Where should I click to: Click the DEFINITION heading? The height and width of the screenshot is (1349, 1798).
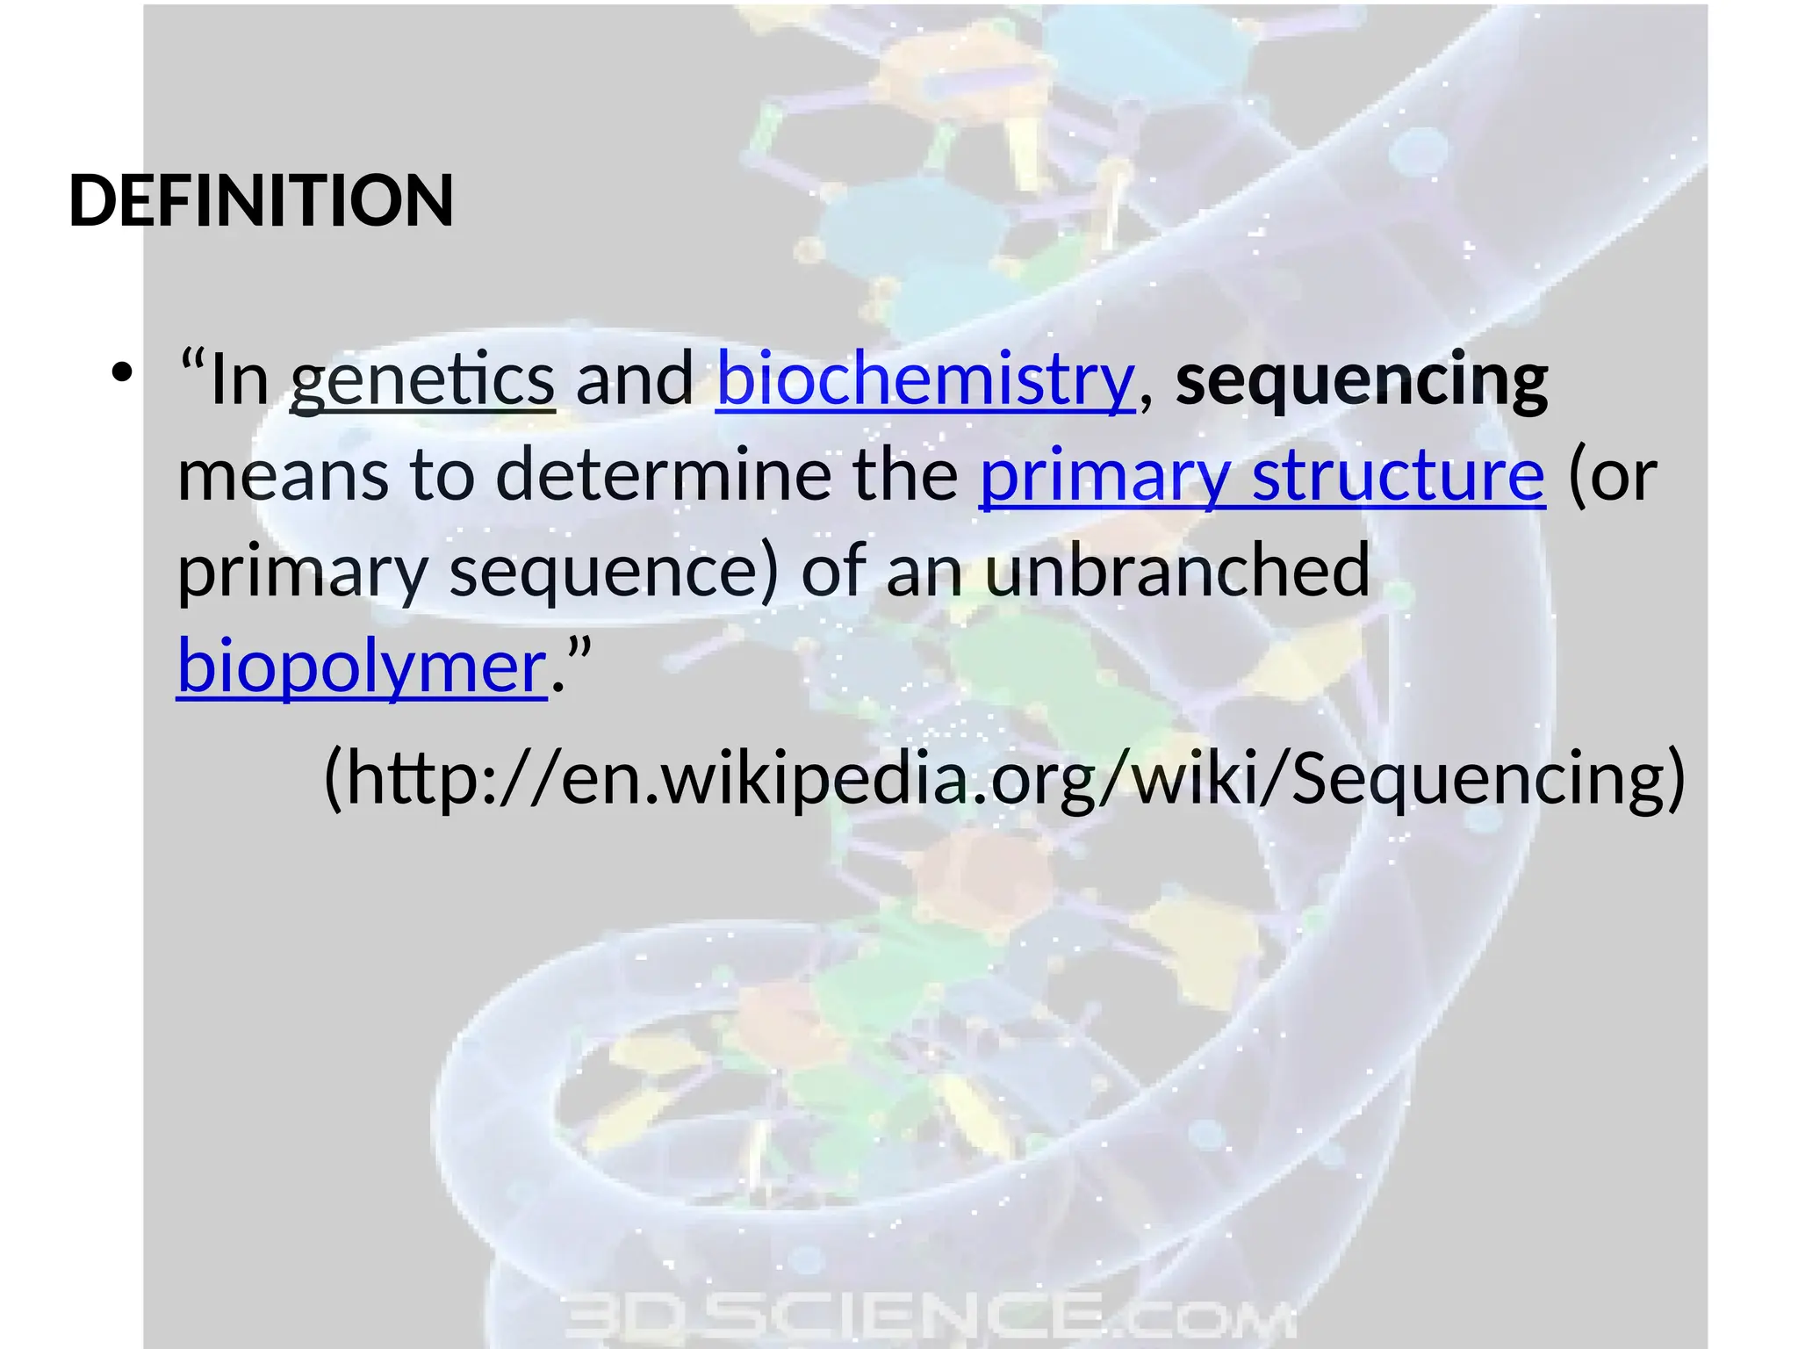pyautogui.click(x=261, y=201)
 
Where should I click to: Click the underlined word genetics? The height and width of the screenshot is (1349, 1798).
pyautogui.click(x=422, y=380)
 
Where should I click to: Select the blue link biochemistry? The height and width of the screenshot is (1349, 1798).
pyautogui.click(x=925, y=380)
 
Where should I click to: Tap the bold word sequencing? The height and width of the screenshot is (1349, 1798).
pyautogui.click(x=1362, y=380)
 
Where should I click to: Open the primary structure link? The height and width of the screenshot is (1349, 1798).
pyautogui.click(x=1262, y=477)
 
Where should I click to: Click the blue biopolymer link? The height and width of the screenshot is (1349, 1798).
pyautogui.click(x=362, y=667)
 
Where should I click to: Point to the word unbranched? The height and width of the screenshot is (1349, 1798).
pyautogui.click(x=1176, y=570)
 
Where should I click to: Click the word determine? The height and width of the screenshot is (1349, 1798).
pyautogui.click(x=664, y=477)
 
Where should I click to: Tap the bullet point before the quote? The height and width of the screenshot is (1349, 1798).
pyautogui.click(x=122, y=375)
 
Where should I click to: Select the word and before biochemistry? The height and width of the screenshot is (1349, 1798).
pyautogui.click(x=635, y=380)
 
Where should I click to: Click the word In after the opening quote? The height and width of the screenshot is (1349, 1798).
pyautogui.click(x=239, y=380)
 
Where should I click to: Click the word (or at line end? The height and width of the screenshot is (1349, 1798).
pyautogui.click(x=1612, y=477)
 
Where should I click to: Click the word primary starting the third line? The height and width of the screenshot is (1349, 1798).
pyautogui.click(x=301, y=572)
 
